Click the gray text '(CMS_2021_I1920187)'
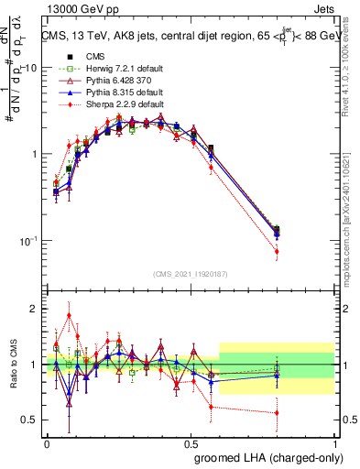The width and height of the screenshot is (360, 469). [191, 274]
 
